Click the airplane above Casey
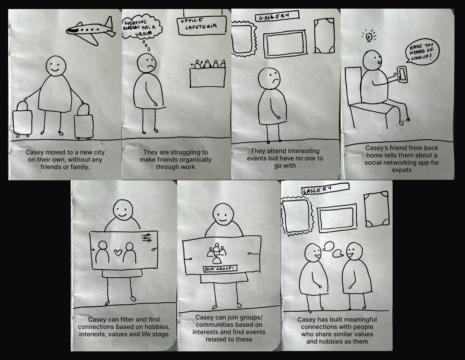point(91,30)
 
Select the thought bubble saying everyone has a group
point(142,26)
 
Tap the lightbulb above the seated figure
point(368,36)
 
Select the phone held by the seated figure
point(403,74)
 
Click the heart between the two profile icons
point(118,253)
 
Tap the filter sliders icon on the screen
point(147,238)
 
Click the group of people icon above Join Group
point(217,254)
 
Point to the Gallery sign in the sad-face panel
point(277,16)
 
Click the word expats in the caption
point(402,170)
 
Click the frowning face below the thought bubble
point(147,63)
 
